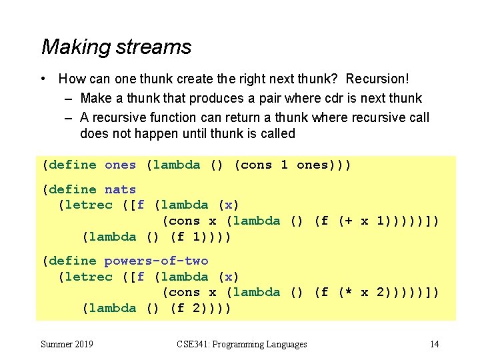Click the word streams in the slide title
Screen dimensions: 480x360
pyautogui.click(x=153, y=47)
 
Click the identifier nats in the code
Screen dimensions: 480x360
pyautogui.click(x=120, y=189)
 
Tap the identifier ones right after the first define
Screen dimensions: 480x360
pyautogui.click(x=120, y=165)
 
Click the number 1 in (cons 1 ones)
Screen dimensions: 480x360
pyautogui.click(x=284, y=165)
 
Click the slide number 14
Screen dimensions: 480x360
pyautogui.click(x=434, y=344)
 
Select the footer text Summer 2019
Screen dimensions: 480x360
pyautogui.click(x=67, y=344)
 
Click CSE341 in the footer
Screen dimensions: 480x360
pyautogui.click(x=192, y=344)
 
